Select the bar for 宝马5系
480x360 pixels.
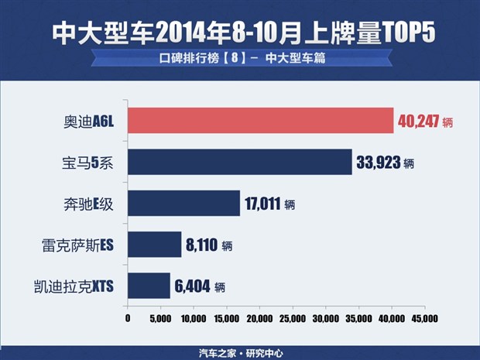click(239, 163)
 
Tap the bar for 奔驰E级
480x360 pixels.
click(183, 204)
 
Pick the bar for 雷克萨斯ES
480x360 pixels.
click(154, 245)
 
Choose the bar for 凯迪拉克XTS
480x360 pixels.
click(149, 286)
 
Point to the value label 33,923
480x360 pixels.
click(379, 163)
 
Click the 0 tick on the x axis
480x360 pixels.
click(127, 318)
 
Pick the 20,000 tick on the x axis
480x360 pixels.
click(259, 318)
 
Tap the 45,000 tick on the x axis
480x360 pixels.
click(425, 318)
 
